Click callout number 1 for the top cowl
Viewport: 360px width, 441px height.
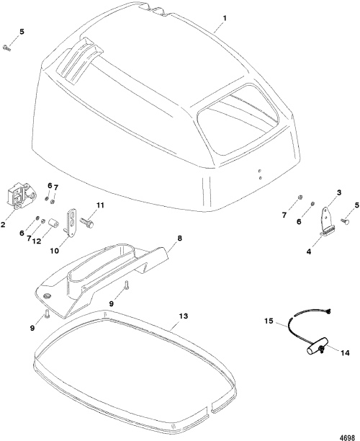click(225, 18)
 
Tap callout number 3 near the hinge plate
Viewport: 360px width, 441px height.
click(339, 192)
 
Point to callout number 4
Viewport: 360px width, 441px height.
click(309, 251)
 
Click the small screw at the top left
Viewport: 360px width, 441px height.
click(6, 48)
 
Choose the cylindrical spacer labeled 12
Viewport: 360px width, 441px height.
click(53, 224)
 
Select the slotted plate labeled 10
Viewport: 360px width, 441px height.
click(71, 221)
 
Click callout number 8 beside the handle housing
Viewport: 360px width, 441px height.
click(179, 239)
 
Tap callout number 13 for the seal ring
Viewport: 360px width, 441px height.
click(184, 316)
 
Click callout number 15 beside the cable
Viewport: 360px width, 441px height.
click(269, 321)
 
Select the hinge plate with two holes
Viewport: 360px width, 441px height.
click(326, 216)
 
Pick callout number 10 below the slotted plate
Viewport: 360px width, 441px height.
click(55, 250)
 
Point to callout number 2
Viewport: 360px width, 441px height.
click(3, 224)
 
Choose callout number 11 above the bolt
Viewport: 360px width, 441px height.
click(100, 205)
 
